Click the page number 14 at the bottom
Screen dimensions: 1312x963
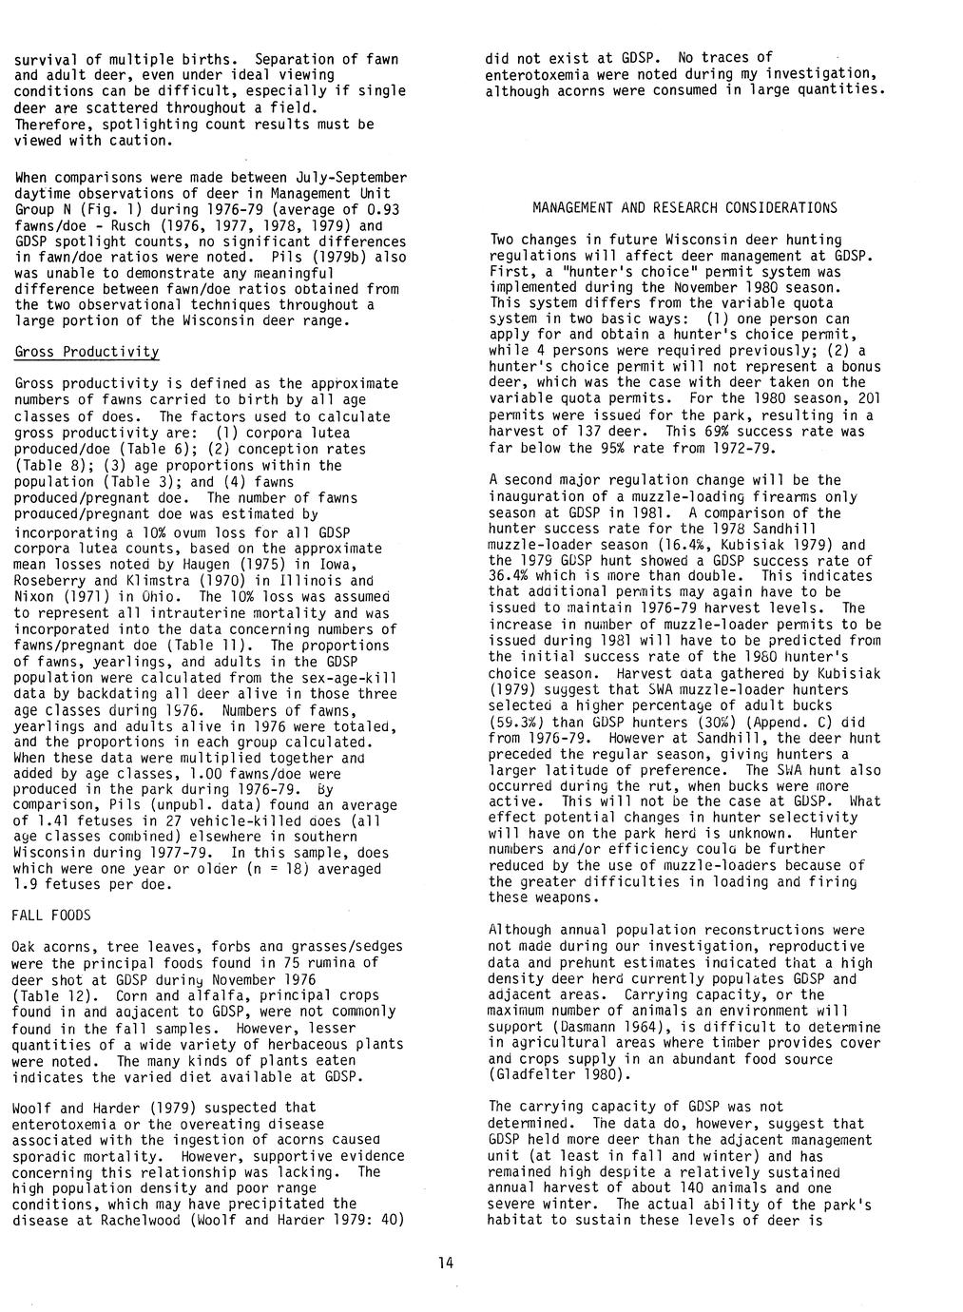click(446, 1263)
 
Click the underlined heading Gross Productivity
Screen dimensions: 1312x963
click(87, 352)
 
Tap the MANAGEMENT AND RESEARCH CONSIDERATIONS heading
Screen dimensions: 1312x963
click(684, 207)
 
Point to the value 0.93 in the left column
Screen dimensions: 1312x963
click(387, 209)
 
